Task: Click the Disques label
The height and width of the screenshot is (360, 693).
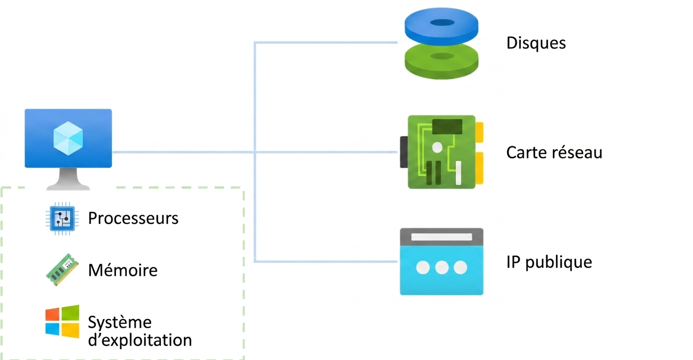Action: pos(536,43)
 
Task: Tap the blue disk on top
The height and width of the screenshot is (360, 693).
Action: pos(441,26)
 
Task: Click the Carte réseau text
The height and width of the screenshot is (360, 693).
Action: pos(554,153)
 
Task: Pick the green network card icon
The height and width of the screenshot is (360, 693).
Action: pos(442,152)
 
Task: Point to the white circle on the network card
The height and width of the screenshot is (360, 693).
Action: pos(437,147)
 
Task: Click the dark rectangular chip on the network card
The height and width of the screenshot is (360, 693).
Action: pos(447,127)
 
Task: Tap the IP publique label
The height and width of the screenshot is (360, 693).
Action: pos(549,262)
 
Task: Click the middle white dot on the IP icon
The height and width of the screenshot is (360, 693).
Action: pos(442,268)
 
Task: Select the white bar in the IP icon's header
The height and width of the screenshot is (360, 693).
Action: pos(441,237)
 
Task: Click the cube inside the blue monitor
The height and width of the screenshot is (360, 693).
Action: pos(68,138)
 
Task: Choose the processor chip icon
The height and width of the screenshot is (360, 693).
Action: pos(62,219)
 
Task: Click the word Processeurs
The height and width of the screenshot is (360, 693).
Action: pos(133,218)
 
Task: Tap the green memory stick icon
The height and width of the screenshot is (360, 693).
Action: pos(62,270)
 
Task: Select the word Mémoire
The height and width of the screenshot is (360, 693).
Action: pos(123,270)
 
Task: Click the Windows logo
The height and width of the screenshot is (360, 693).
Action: pos(62,321)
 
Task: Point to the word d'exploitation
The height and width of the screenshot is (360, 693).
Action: pos(140,340)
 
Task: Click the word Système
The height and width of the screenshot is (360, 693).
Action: pos(120,322)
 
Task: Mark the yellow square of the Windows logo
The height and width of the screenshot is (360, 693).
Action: pos(71,330)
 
